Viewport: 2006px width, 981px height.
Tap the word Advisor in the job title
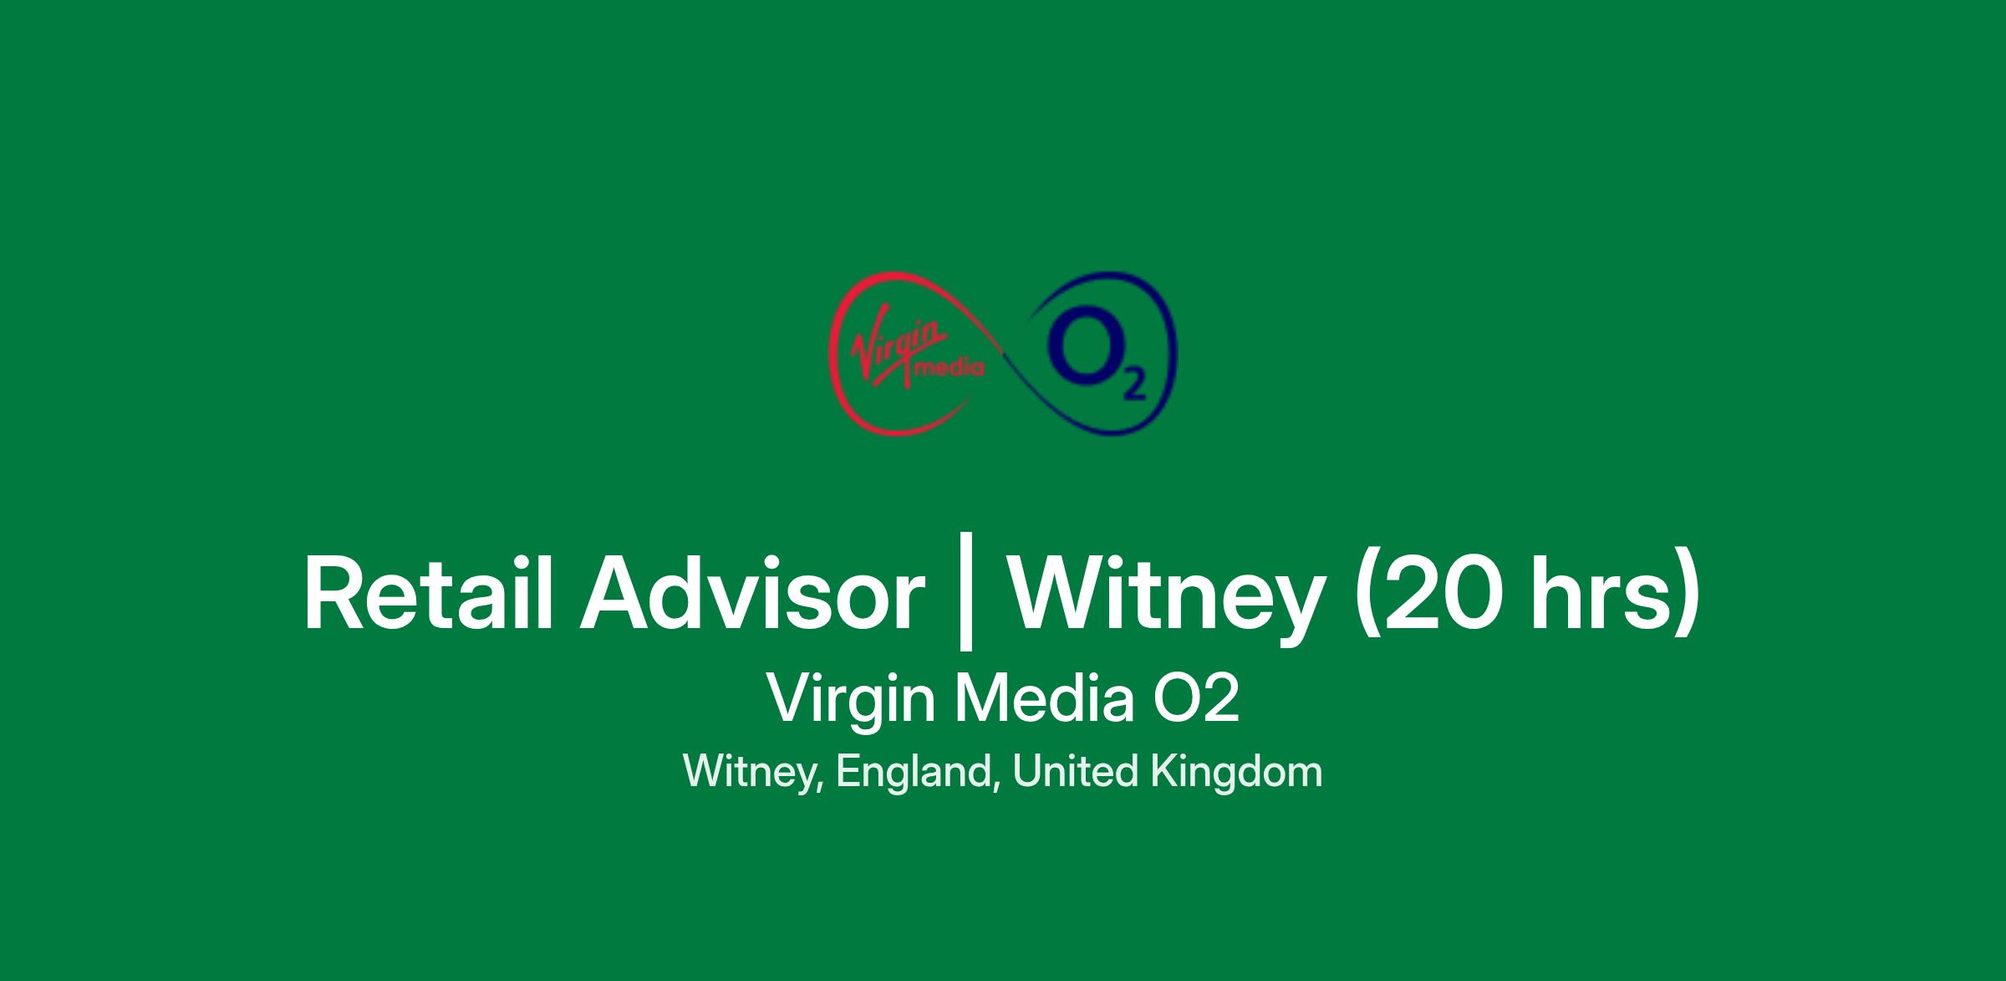coord(753,593)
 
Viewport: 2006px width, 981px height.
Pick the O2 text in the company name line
coord(1196,699)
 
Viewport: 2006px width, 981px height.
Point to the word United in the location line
coord(1076,770)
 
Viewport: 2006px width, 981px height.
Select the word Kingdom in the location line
coord(1237,772)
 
